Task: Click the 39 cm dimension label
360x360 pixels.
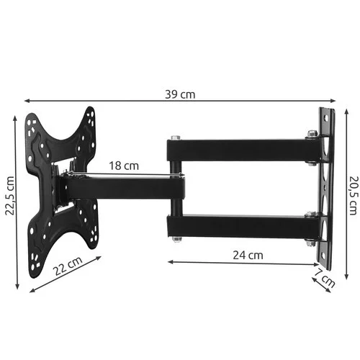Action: [179, 94]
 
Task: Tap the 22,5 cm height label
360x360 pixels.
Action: [9, 196]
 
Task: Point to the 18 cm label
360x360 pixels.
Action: [124, 166]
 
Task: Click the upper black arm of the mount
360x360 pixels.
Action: [238, 150]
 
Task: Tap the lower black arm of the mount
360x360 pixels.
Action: [238, 225]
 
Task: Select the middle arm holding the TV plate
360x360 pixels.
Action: [122, 186]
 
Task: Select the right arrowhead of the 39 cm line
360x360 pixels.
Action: [341, 102]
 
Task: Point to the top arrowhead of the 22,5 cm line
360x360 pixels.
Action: [16, 113]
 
